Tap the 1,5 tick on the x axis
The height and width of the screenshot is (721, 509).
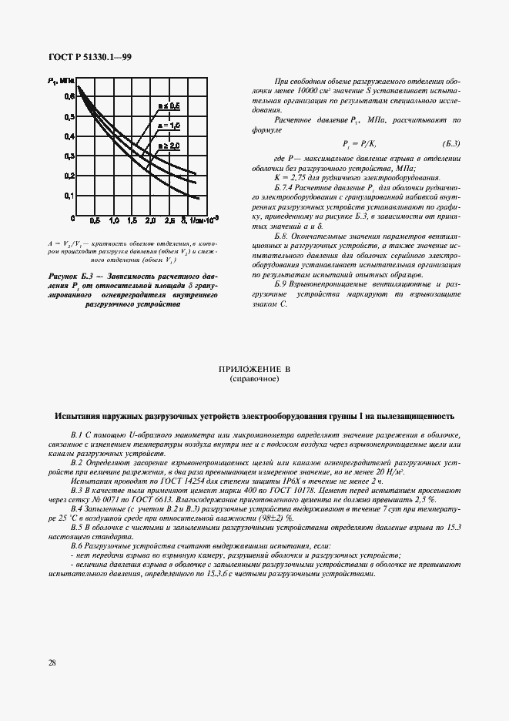(132, 221)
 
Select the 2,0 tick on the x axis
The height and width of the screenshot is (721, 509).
(150, 221)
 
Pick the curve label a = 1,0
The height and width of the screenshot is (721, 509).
(169, 125)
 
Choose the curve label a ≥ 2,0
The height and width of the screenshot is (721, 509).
(169, 145)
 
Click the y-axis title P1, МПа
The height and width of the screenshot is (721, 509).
(59, 80)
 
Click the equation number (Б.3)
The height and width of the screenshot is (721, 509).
(450, 144)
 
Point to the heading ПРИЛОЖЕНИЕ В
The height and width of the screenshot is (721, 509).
(254, 370)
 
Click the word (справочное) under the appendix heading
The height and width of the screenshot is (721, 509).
(254, 379)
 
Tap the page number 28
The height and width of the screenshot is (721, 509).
(52, 662)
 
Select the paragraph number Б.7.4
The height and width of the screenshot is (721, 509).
(286, 187)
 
